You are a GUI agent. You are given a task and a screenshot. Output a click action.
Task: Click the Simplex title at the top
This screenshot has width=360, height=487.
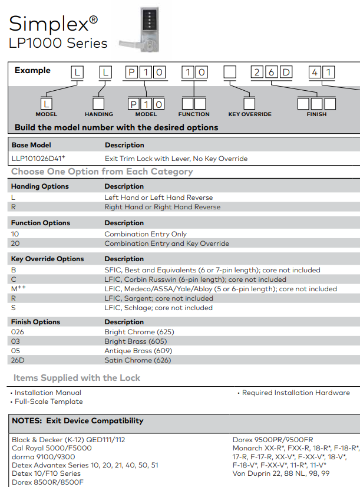[x=53, y=23]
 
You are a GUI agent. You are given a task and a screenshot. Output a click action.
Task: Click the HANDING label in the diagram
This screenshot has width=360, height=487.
[x=99, y=114]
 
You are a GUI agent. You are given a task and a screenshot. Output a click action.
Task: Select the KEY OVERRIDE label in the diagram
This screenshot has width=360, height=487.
[x=250, y=114]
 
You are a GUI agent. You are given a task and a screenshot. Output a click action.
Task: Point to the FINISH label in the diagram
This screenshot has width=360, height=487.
[x=316, y=114]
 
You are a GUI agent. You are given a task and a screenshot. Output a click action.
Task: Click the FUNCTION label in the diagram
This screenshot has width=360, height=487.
[x=194, y=114]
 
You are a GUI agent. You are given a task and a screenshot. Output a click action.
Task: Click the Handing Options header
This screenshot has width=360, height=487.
[x=40, y=186]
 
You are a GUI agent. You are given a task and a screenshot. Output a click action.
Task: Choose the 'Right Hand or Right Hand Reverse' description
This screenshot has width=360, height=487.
[x=163, y=207]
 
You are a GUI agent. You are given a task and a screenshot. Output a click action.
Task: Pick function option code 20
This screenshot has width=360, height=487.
[x=15, y=244]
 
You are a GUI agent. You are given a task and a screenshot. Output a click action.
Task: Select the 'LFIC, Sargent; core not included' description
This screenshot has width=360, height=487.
[x=159, y=298]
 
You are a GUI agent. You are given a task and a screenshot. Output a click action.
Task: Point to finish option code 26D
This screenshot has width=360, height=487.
[x=18, y=360]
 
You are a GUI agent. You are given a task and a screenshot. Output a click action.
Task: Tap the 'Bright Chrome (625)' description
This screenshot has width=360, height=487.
[x=140, y=332]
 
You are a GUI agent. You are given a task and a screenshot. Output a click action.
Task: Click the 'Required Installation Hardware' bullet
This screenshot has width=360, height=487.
[x=296, y=393]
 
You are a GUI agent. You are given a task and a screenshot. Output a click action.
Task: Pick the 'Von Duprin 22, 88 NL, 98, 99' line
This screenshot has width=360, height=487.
[x=281, y=473]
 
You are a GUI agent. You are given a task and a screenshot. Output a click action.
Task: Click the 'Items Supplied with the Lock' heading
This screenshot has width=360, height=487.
[x=77, y=378]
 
